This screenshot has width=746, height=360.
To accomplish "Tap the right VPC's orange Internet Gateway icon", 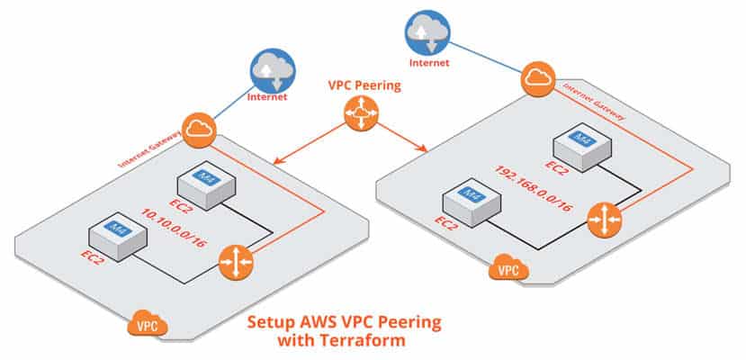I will pyautogui.click(x=536, y=80).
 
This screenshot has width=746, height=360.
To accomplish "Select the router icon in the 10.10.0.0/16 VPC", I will pyautogui.click(x=237, y=261).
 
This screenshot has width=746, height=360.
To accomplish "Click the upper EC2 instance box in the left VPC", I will pyautogui.click(x=204, y=184).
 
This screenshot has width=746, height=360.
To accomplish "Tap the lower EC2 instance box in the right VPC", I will pyautogui.click(x=469, y=199).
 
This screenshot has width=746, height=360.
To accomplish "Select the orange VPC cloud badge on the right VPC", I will pyautogui.click(x=507, y=268).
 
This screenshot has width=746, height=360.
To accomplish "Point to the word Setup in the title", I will pyautogui.click(x=271, y=321).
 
